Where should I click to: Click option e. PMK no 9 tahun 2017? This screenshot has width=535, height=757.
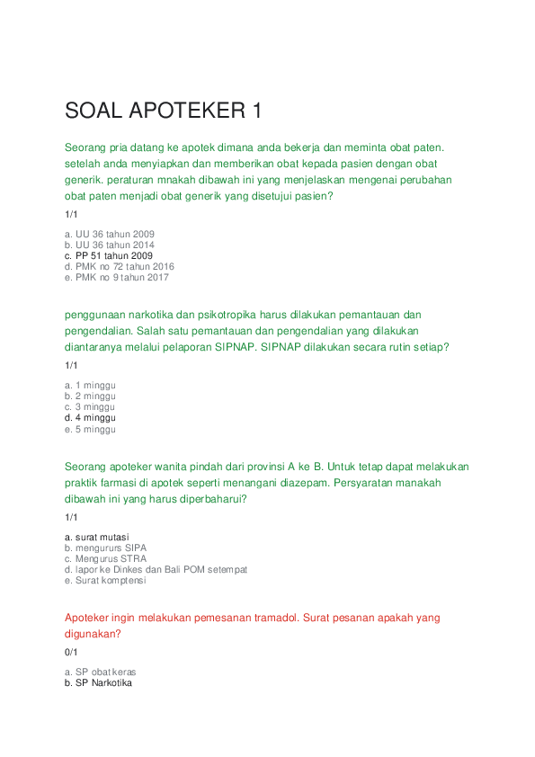tap(116, 277)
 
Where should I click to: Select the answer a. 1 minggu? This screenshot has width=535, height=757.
tap(90, 386)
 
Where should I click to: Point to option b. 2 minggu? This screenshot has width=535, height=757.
tap(90, 396)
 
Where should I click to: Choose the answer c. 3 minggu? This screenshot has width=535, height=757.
tap(90, 407)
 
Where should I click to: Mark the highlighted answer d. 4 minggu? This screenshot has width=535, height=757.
tap(90, 418)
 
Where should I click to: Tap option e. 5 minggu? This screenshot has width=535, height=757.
tap(90, 429)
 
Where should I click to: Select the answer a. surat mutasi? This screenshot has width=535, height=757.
tap(96, 537)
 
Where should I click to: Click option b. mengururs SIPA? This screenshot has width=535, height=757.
tap(105, 548)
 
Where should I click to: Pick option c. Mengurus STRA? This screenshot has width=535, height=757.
tap(105, 558)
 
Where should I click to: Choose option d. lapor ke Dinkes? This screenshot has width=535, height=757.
tap(156, 569)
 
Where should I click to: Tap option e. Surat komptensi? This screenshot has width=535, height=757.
tap(105, 580)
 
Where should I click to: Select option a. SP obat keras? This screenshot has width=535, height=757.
tap(100, 672)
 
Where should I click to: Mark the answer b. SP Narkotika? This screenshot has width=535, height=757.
tap(98, 682)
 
